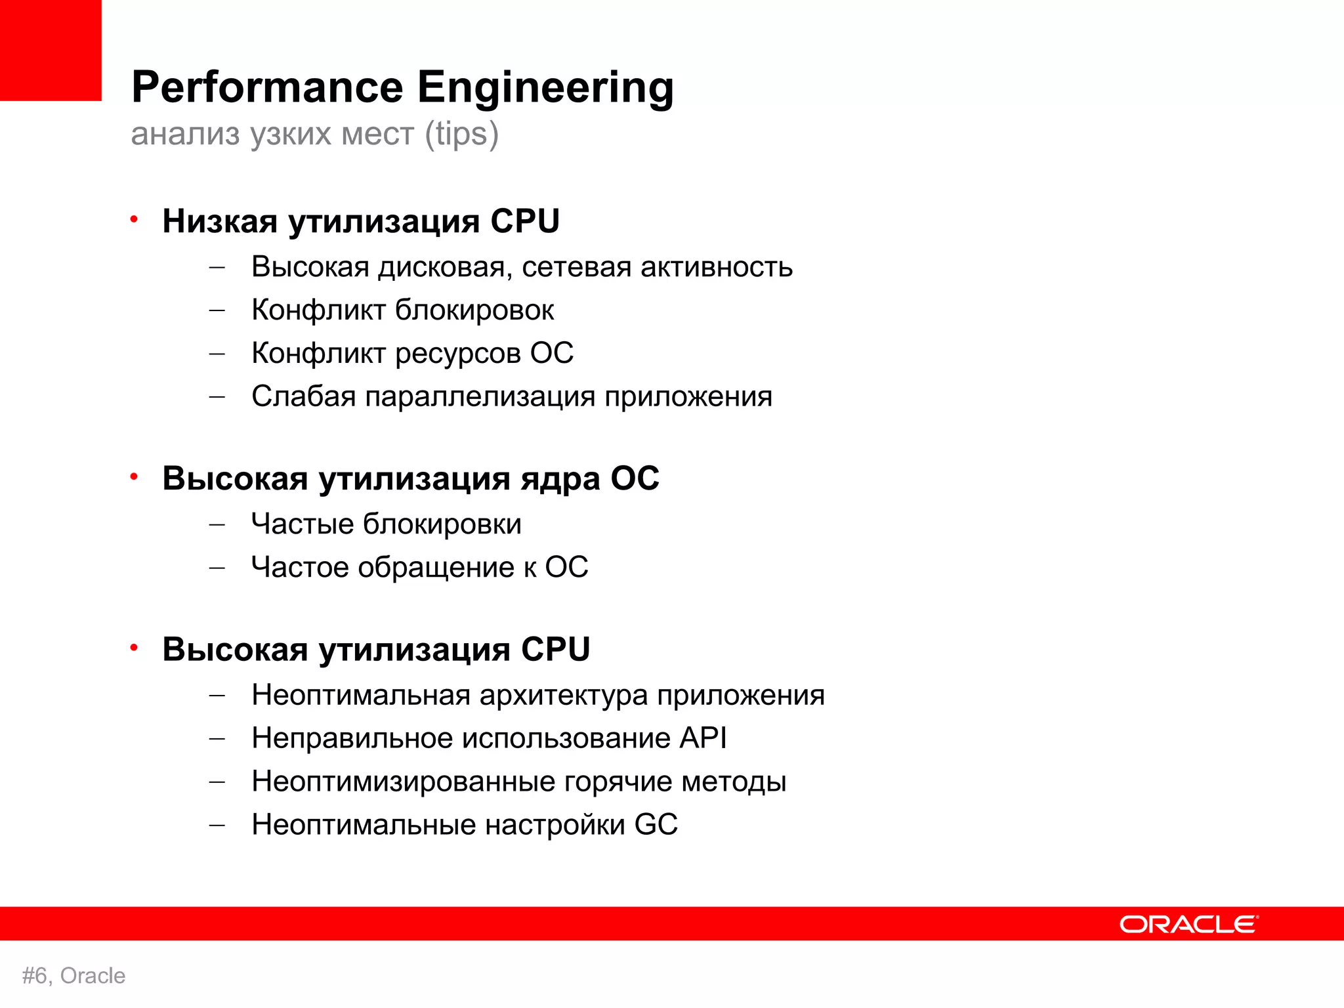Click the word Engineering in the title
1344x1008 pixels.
click(x=545, y=88)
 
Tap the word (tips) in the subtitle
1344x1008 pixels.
click(x=462, y=134)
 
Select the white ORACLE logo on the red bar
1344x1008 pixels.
click(x=1188, y=924)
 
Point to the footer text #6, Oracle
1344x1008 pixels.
click(x=73, y=976)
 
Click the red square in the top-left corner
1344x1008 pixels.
click(x=51, y=50)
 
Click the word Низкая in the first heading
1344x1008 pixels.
click(x=220, y=221)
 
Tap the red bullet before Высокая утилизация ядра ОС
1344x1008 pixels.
click(x=134, y=476)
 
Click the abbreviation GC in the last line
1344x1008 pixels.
click(x=656, y=825)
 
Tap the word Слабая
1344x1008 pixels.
click(x=303, y=396)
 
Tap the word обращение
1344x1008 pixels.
click(x=436, y=568)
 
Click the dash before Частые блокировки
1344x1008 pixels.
click(x=217, y=525)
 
